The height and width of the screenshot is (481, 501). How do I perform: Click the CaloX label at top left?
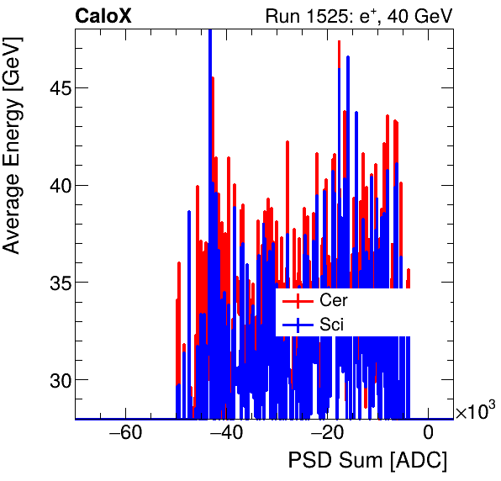point(103,16)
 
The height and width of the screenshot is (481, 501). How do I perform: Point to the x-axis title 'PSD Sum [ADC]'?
point(367,461)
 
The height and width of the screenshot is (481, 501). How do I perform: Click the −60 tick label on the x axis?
point(124,434)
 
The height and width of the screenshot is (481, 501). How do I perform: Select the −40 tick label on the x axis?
point(225,434)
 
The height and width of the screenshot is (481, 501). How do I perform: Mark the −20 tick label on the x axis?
point(327,434)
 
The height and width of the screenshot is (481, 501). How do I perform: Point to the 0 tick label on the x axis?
point(428,434)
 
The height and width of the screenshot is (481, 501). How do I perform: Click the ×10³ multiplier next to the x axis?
point(475,412)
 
